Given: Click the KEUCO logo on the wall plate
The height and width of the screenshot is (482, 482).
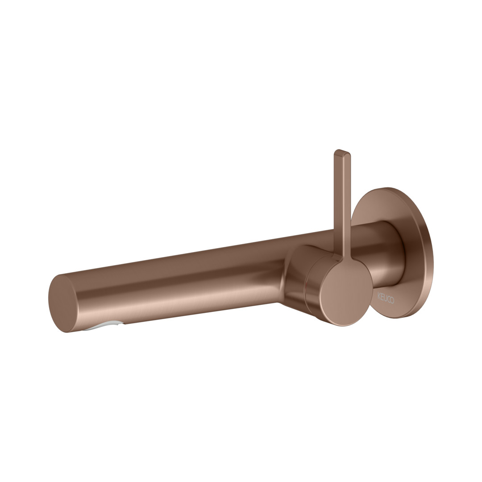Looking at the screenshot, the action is [386, 298].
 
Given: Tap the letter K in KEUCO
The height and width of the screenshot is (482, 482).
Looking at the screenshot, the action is [379, 295].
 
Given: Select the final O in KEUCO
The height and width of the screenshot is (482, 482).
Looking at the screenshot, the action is [392, 300].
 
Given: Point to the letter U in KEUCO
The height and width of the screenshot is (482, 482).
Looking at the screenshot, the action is [385, 298].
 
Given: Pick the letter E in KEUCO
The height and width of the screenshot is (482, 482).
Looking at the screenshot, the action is [382, 296].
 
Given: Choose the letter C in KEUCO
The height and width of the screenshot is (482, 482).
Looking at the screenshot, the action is [389, 299].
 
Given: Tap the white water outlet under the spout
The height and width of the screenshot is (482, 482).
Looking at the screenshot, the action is [104, 325].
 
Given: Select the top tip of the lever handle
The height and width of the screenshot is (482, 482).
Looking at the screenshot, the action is [342, 151].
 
